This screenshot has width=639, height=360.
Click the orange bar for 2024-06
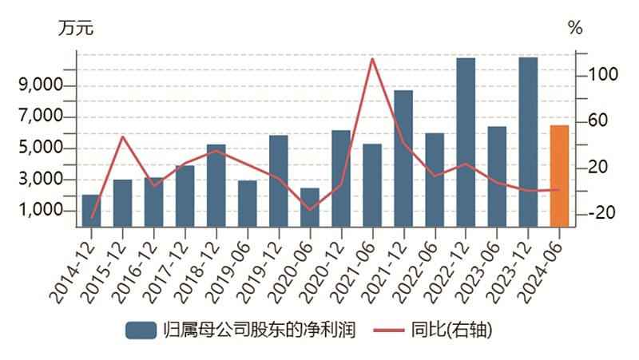(559, 176)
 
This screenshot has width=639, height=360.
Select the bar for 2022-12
(466, 142)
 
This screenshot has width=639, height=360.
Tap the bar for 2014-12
(91, 210)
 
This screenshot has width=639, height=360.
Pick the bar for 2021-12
(403, 158)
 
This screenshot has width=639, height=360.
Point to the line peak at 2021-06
(372, 58)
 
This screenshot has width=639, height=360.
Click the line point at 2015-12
(122, 136)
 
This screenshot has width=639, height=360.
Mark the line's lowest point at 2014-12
(91, 218)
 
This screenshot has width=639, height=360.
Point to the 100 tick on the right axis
(600, 75)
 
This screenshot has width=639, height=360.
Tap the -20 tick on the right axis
(600, 213)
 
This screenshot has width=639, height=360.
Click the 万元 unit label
(76, 28)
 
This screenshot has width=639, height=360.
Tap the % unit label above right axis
(575, 28)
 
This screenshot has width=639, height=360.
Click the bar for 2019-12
(279, 180)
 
